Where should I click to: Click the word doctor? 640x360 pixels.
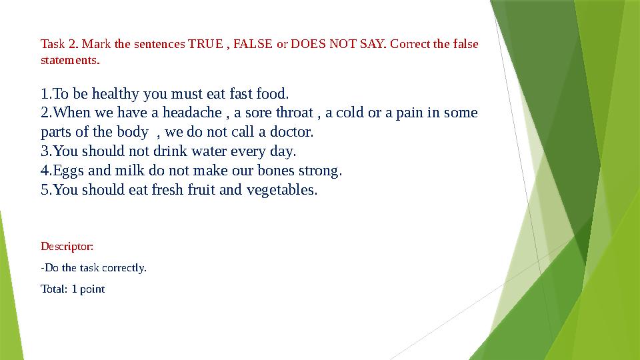292,132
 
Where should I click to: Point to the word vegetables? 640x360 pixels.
281,190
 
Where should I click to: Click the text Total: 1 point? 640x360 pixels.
73,289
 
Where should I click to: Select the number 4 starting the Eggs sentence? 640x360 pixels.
45,171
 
